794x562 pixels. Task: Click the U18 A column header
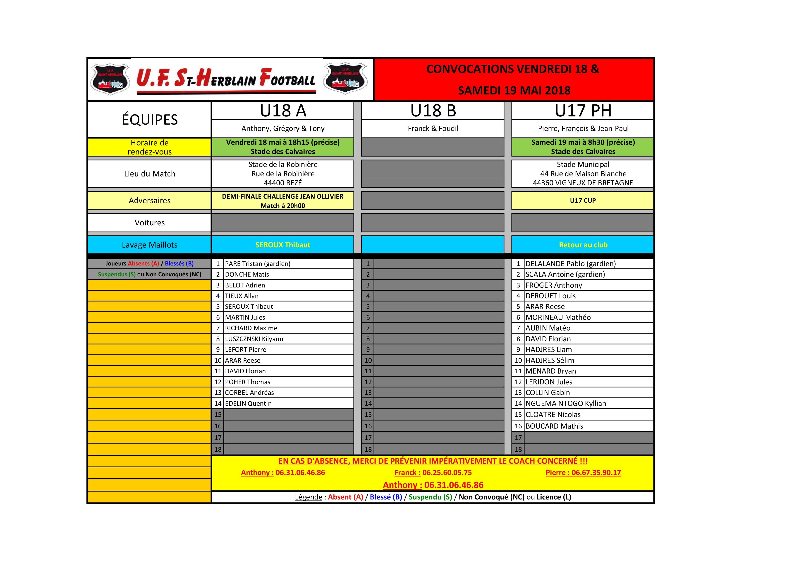click(283, 111)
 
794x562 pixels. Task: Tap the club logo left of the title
click(110, 79)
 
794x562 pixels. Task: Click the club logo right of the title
click(345, 79)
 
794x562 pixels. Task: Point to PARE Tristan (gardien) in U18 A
click(258, 264)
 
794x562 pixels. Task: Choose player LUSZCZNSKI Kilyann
click(254, 339)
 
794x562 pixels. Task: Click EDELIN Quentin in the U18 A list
click(248, 403)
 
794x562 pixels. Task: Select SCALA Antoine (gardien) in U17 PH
click(565, 274)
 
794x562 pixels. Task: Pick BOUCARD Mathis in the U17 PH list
click(554, 426)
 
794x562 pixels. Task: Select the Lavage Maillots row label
click(149, 245)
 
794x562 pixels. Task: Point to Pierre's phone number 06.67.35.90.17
click(596, 473)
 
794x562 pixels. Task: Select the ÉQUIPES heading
click(149, 120)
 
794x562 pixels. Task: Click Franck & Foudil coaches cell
click(433, 128)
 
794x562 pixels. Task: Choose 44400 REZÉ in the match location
click(283, 183)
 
